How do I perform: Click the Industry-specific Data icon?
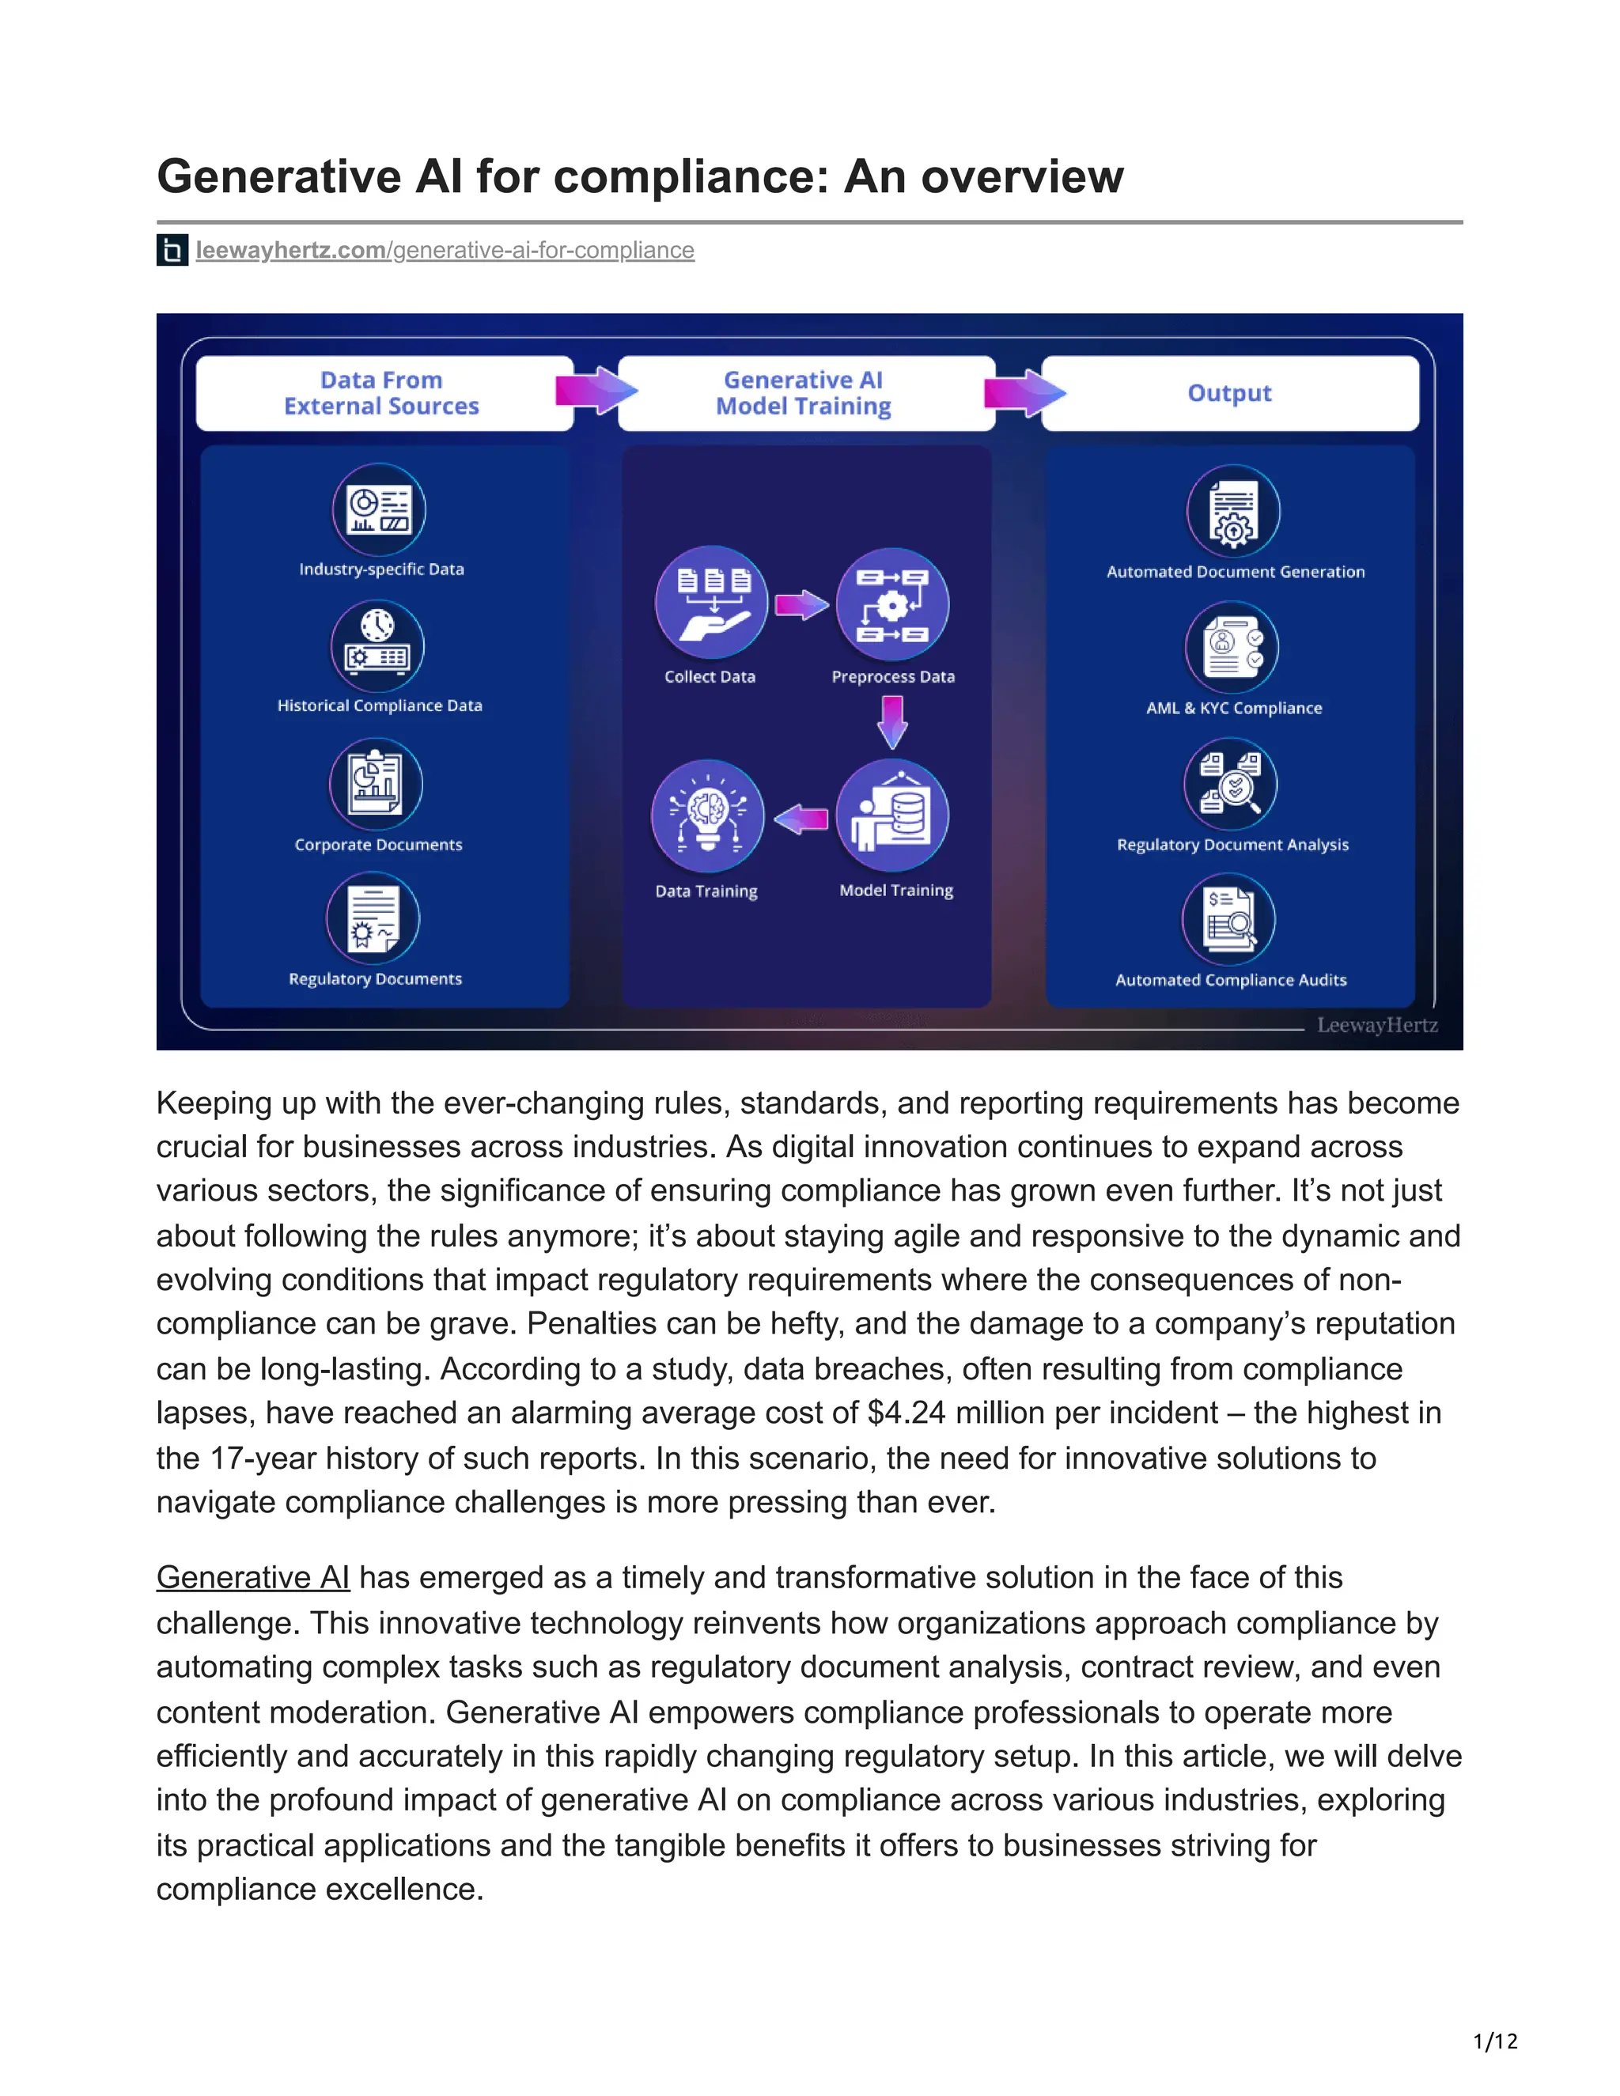coord(379,509)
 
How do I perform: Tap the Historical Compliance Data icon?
coord(377,646)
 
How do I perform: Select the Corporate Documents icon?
coord(377,784)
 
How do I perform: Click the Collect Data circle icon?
coord(711,603)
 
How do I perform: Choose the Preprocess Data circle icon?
coord(892,604)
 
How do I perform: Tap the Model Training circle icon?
coord(892,815)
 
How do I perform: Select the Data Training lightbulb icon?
coord(707,815)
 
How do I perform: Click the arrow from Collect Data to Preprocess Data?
coord(801,604)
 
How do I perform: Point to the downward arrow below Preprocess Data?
coord(892,721)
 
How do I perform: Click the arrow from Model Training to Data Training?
coord(801,819)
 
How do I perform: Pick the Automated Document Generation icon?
coord(1233,512)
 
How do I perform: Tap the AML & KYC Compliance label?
coord(1234,708)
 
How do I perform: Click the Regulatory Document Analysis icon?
coord(1232,784)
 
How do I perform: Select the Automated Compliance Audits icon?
coord(1229,919)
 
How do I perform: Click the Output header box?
coord(1229,393)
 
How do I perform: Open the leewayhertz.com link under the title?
coord(445,251)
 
